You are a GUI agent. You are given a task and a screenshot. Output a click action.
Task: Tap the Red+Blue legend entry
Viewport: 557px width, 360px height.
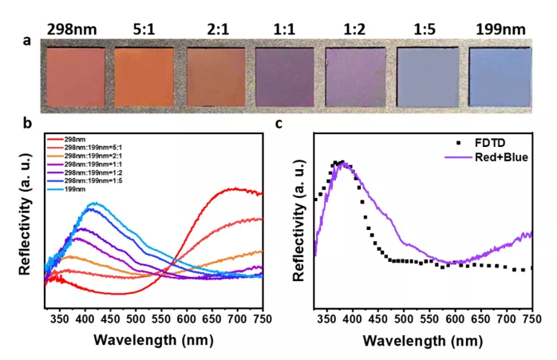pyautogui.click(x=488, y=157)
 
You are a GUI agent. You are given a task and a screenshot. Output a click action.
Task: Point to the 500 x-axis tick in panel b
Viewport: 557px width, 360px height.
pyautogui.click(x=136, y=319)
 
